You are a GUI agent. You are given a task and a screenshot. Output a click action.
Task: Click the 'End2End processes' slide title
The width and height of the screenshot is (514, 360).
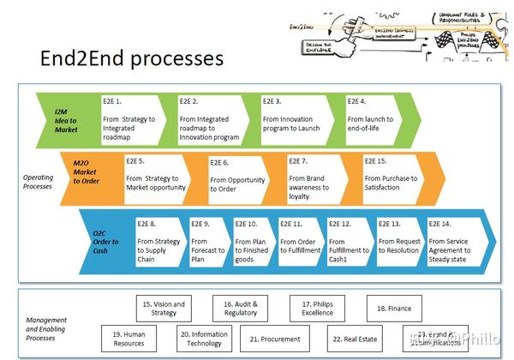coord(132,58)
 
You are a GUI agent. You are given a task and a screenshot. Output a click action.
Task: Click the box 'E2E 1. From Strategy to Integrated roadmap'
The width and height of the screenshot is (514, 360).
coord(130,119)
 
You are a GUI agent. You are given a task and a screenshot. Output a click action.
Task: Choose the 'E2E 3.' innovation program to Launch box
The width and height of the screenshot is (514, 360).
coord(295,119)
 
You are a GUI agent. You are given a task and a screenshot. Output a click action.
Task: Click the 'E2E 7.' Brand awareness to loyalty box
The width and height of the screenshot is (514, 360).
coord(318,177)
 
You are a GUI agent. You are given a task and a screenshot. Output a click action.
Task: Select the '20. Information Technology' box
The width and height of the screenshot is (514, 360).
coord(204,338)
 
